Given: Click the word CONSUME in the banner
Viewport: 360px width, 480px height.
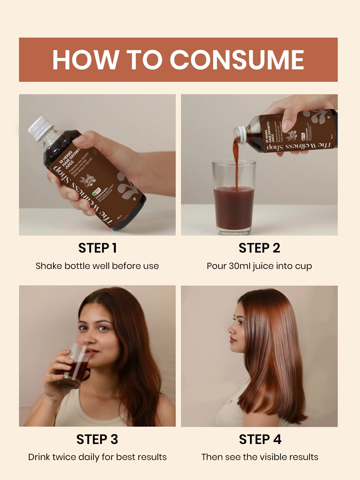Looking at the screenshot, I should click(x=237, y=60).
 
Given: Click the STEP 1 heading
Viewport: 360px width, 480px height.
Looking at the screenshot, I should click(x=97, y=248).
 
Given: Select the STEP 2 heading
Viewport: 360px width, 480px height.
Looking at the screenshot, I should click(x=259, y=248).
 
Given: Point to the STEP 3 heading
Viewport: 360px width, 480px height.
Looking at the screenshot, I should click(x=97, y=439).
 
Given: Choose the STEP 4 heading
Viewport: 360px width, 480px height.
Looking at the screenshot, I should click(x=260, y=439).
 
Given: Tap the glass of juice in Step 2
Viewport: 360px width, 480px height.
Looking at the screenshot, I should click(x=234, y=200).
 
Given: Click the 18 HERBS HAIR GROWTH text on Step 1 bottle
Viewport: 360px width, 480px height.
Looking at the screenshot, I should click(x=69, y=159).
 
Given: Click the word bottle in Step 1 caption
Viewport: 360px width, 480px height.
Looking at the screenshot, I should click(x=78, y=266).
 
